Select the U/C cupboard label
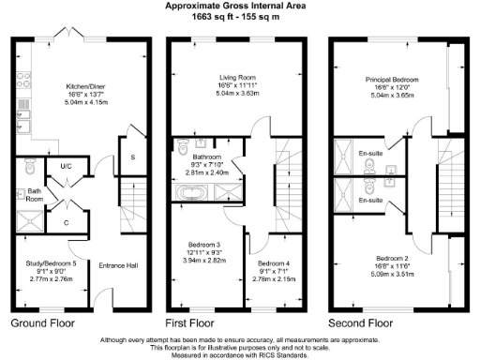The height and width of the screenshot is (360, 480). [67, 167]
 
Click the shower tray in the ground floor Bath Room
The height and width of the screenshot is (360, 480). [30, 221]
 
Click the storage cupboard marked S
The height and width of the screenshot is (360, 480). [132, 157]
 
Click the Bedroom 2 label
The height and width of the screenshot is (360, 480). [394, 257]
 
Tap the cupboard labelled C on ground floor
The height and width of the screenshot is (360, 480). [66, 223]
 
